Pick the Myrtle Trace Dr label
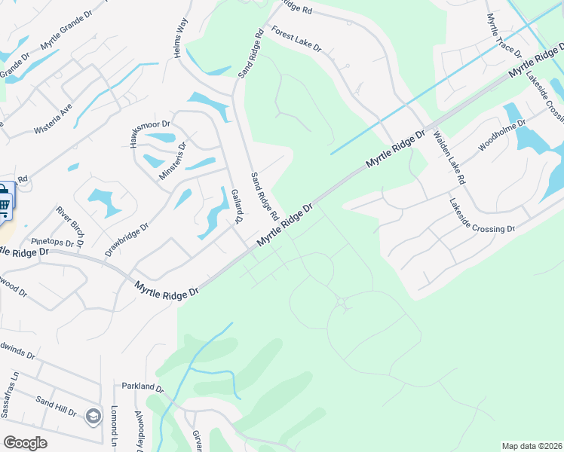pyautogui.click(x=504, y=36)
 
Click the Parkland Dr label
pyautogui.click(x=143, y=389)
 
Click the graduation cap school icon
pyautogui.click(x=93, y=416)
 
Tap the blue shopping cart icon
pyautogui.click(x=5, y=202)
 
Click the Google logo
pyautogui.click(x=25, y=443)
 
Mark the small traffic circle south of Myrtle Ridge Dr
pyautogui.click(x=341, y=302)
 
